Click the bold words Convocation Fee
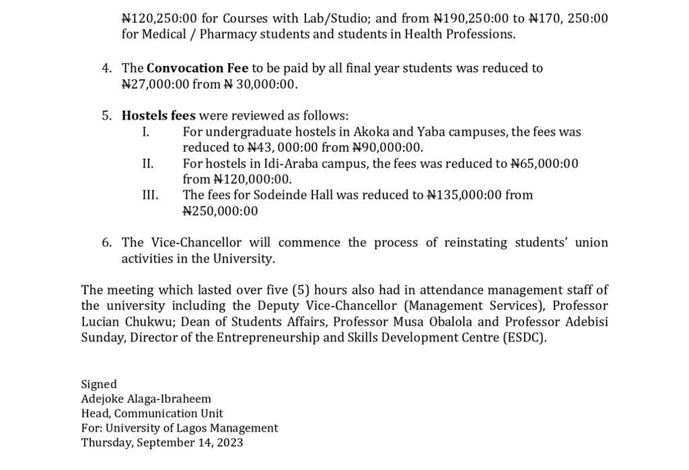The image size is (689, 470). [x=197, y=68]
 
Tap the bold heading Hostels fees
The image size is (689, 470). [x=158, y=116]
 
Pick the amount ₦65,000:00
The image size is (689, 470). [x=544, y=163]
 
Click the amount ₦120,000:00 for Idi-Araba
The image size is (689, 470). [x=252, y=180]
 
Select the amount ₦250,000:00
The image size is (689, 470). [x=220, y=211]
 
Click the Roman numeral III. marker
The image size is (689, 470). [x=150, y=195]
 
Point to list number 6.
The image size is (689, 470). [x=107, y=243]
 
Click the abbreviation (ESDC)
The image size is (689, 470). [x=524, y=338]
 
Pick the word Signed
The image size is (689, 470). [x=99, y=384]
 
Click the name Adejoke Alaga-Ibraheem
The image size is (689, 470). [x=146, y=399]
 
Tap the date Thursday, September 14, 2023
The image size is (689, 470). [x=162, y=442]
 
